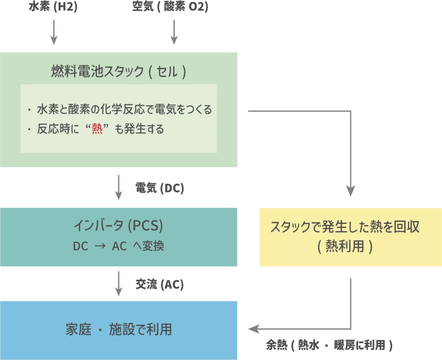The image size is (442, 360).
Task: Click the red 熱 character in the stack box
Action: tap(97, 129)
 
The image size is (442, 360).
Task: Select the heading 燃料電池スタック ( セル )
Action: tap(119, 72)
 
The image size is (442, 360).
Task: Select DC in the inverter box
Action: tap(80, 246)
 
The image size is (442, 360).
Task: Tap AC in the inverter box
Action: tap(119, 246)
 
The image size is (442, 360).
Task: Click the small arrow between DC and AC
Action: tap(100, 246)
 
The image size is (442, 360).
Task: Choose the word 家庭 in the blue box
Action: tap(78, 330)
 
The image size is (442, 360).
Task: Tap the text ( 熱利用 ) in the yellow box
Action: tap(345, 246)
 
